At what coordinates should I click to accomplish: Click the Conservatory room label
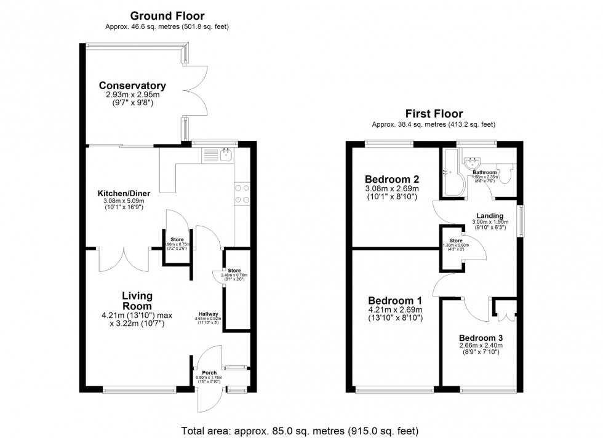(133, 86)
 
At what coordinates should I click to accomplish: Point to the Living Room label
(137, 300)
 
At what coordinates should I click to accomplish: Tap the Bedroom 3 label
(481, 338)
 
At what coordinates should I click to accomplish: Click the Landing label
(489, 215)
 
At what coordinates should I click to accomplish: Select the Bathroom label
(481, 172)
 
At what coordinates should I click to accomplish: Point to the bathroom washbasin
(474, 163)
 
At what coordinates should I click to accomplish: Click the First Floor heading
(433, 113)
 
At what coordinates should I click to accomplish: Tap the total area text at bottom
(301, 429)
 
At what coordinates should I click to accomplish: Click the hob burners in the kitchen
(242, 194)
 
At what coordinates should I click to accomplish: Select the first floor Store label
(455, 241)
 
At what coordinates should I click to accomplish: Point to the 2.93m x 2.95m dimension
(133, 95)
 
